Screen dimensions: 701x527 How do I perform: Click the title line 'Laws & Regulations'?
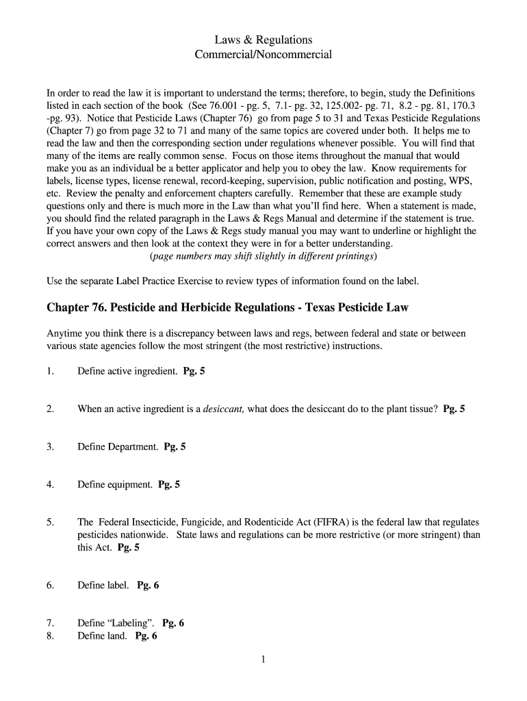(x=263, y=40)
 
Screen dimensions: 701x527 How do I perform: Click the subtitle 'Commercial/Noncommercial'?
(x=263, y=54)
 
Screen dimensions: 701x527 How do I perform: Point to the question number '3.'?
(x=50, y=447)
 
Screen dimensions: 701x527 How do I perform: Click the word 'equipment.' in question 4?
(x=130, y=485)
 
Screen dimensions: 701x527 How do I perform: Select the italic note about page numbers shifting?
(x=263, y=256)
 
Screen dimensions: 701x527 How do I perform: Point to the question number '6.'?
(x=50, y=585)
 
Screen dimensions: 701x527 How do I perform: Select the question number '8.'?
(x=50, y=636)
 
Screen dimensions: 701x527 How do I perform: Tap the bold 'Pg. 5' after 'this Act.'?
(x=129, y=548)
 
